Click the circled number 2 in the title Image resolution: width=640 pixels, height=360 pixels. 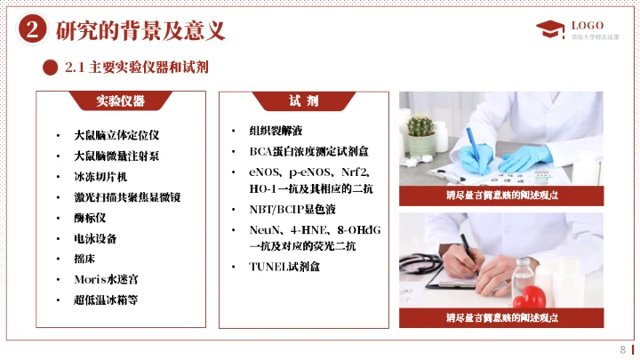point(32,30)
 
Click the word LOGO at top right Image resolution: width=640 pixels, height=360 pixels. point(588,24)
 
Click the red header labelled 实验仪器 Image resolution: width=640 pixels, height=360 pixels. point(121,100)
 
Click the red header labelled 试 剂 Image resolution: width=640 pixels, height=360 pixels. point(303,100)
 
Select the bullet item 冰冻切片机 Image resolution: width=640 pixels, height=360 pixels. point(101,177)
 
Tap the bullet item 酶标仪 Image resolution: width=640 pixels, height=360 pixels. point(91,218)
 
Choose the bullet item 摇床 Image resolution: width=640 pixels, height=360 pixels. point(85,259)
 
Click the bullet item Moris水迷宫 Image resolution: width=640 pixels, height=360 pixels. point(106,279)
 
